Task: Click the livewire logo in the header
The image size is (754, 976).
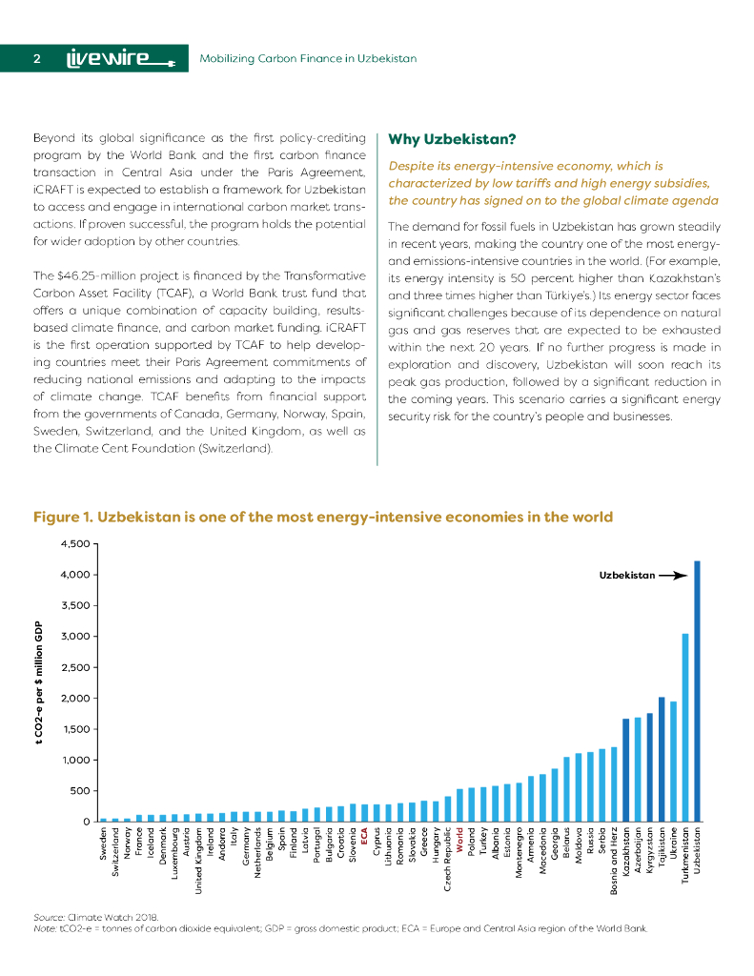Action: click(119, 58)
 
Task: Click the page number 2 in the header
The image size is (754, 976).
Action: click(36, 58)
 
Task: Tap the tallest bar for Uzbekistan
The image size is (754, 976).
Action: click(697, 690)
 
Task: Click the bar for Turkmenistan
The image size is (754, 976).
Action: click(684, 726)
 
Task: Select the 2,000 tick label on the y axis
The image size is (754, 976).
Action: click(75, 699)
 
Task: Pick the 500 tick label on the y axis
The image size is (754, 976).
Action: click(80, 791)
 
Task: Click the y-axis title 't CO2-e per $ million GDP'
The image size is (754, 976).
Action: click(39, 682)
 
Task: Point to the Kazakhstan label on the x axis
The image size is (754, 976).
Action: click(625, 855)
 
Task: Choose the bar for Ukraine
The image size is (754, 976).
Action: click(673, 762)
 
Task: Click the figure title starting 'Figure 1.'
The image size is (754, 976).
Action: click(322, 517)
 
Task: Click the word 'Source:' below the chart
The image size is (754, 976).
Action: click(49, 917)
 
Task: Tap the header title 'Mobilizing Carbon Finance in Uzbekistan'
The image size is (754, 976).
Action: click(308, 59)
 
